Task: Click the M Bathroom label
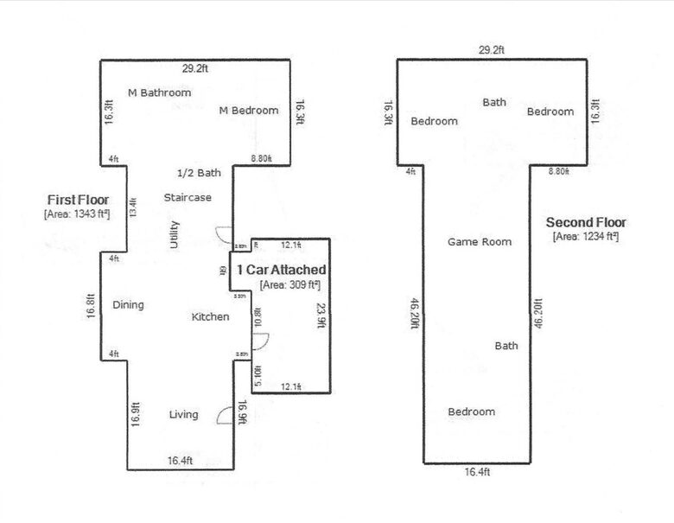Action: pos(159,92)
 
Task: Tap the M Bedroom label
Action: pos(249,111)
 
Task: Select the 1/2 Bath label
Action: pos(199,173)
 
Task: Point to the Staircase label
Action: pos(188,198)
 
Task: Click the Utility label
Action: pos(175,235)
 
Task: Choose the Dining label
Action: pos(128,305)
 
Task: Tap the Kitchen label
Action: pos(210,317)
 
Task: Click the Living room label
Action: pos(183,415)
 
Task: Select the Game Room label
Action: pos(479,242)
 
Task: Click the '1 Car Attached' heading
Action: pos(281,271)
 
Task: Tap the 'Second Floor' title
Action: pos(586,222)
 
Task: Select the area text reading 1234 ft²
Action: pos(585,236)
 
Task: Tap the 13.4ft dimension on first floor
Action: pos(132,208)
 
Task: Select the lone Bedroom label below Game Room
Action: pos(471,411)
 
